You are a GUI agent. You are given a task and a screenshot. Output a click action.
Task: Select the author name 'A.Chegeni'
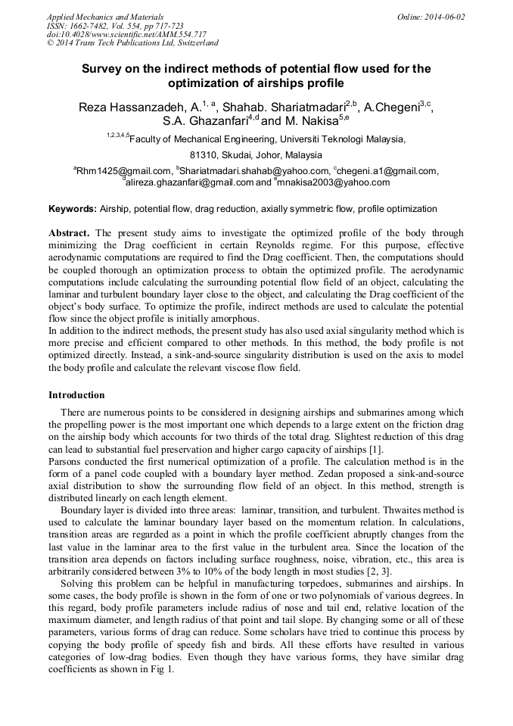tap(393, 108)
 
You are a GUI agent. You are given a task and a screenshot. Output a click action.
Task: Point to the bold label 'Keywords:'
tap(73, 209)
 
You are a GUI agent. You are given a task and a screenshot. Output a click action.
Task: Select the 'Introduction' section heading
tap(76, 395)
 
